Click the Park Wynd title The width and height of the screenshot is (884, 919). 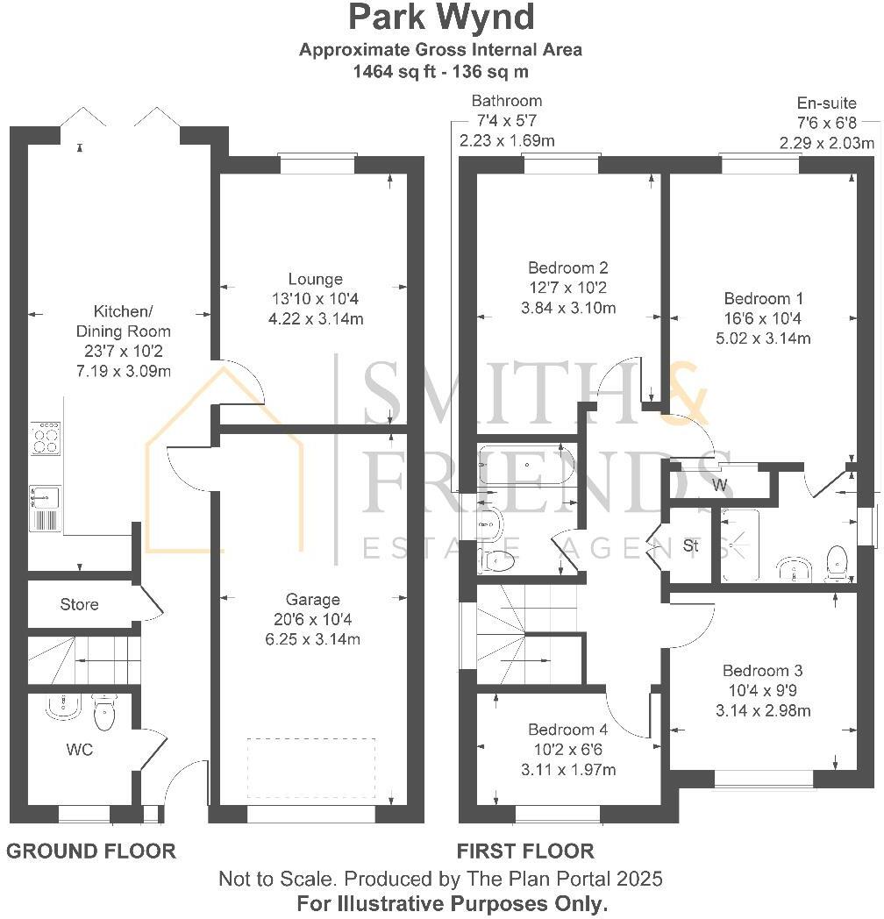440,18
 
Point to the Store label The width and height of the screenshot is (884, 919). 79,604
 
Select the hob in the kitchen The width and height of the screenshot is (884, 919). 46,438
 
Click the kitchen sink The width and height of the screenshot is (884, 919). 44,497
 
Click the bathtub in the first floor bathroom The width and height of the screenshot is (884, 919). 524,465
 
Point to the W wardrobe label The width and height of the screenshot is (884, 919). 719,485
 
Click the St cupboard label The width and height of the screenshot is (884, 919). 691,545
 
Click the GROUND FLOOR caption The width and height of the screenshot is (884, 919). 91,851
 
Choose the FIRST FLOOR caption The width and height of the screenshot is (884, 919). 525,851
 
